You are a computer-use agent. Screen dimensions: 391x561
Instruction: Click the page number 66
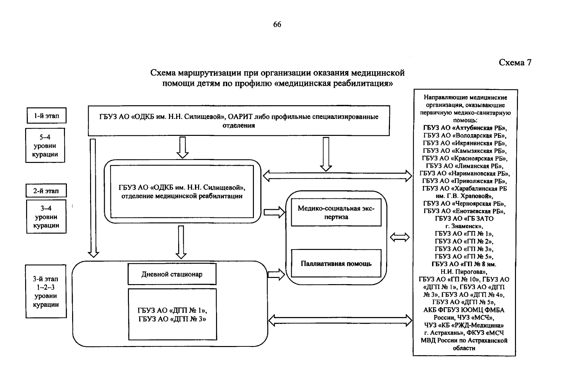(277, 25)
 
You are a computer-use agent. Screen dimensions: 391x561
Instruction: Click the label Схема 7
(515, 63)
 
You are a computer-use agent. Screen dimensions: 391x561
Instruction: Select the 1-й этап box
(46, 116)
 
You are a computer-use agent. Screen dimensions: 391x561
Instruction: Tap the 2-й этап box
(46, 191)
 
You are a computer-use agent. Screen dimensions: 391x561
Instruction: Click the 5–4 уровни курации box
(45, 146)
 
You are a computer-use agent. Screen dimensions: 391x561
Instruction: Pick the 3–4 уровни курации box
(46, 217)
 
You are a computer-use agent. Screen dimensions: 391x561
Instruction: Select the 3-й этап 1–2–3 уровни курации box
(46, 292)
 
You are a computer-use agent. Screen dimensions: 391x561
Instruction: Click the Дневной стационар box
(172, 274)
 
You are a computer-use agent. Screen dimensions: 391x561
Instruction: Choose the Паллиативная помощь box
(336, 264)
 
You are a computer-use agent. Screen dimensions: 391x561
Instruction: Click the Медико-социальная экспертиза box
(336, 212)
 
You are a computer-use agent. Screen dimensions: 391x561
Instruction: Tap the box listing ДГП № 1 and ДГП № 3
(172, 314)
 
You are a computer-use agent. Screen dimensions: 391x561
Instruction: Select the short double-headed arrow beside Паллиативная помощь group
(400, 238)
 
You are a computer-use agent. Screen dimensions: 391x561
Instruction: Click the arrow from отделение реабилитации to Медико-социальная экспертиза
(273, 212)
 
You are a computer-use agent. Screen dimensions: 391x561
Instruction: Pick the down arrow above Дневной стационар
(181, 242)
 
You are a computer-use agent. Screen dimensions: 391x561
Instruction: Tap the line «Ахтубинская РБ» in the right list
(465, 128)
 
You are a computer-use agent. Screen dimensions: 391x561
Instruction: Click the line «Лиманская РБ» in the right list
(465, 166)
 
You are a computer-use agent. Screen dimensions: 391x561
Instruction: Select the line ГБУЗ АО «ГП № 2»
(464, 241)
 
